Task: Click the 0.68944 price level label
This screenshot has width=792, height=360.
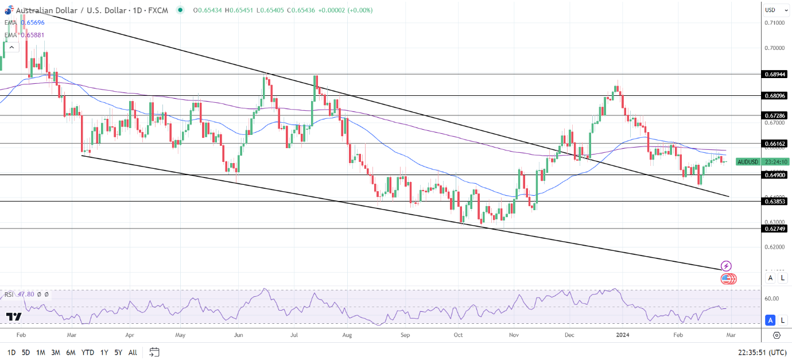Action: (x=774, y=74)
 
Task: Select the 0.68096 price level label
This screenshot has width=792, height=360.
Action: (x=774, y=95)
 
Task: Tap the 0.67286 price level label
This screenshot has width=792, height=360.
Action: (x=774, y=115)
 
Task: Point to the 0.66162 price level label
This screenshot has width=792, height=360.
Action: (x=774, y=143)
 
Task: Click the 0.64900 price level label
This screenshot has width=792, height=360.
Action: (x=774, y=175)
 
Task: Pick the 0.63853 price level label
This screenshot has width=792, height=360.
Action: (x=774, y=201)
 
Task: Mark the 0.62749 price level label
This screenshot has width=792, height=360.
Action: (x=774, y=229)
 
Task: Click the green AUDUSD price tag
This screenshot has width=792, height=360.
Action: (x=747, y=161)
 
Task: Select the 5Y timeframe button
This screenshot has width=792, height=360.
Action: (x=118, y=352)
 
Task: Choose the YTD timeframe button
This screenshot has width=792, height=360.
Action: (x=88, y=352)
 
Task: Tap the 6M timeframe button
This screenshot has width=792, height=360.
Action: (x=71, y=352)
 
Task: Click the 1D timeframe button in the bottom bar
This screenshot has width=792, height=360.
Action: (x=11, y=352)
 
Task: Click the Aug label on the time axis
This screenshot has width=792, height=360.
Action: (x=347, y=334)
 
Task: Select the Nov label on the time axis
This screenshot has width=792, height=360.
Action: (x=514, y=334)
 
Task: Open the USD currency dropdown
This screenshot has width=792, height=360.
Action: (x=774, y=10)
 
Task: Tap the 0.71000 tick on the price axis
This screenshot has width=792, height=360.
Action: (x=774, y=22)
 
